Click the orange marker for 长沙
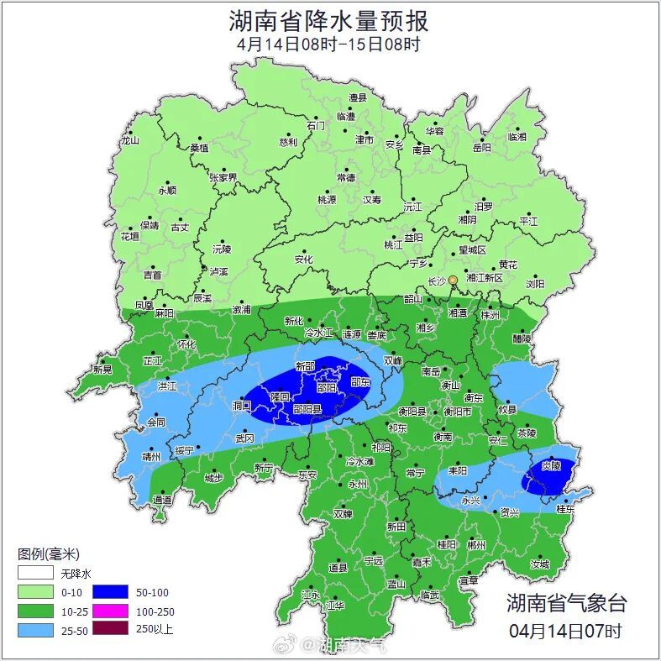click(x=453, y=280)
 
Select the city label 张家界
click(x=223, y=178)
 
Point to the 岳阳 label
click(x=481, y=148)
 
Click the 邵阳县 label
click(x=307, y=409)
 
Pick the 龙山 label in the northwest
click(x=129, y=141)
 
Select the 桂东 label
click(x=566, y=509)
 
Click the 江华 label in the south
click(x=335, y=605)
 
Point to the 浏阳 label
click(x=536, y=284)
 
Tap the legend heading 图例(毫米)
click(x=48, y=554)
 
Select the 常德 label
click(x=346, y=178)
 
